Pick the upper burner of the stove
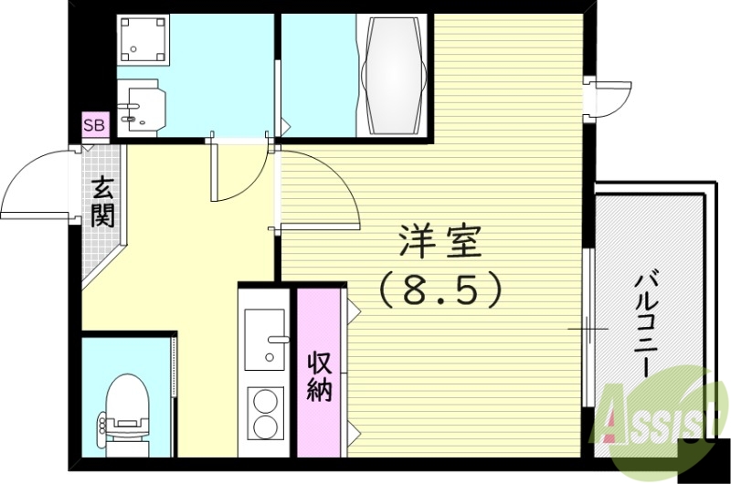pos(266,401)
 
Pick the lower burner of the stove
pos(266,427)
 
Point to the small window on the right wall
pos(608,96)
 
